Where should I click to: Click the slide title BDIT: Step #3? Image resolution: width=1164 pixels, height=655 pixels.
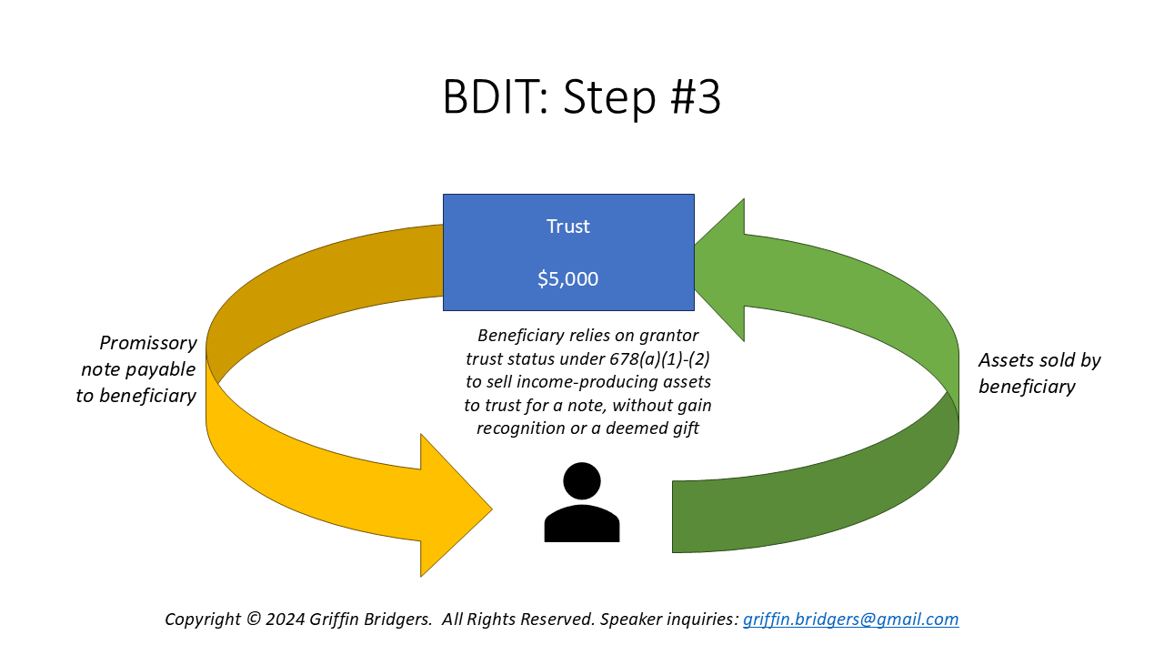pos(582,97)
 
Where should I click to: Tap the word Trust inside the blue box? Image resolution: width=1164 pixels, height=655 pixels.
pos(568,227)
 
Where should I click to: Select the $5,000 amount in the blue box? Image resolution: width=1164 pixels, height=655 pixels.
pos(568,279)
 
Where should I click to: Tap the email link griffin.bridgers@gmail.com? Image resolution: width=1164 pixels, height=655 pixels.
pos(850,620)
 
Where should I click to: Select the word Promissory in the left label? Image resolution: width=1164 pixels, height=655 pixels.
pos(148,343)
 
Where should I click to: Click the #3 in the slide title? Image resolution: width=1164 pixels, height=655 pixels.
pos(697,97)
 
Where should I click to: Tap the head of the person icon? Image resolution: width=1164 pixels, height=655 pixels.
pos(582,480)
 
